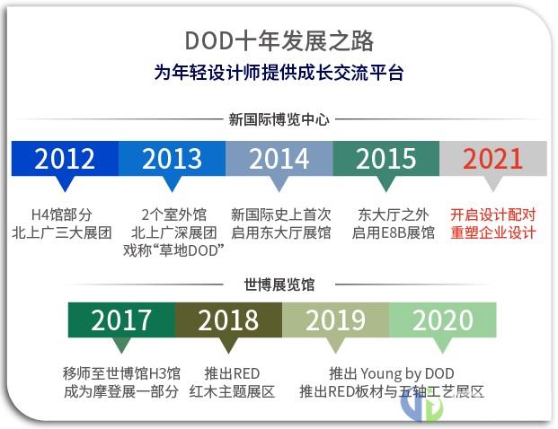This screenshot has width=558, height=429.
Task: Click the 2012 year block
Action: [65, 158]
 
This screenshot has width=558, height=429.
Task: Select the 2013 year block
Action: [173, 158]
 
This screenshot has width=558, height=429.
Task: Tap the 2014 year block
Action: [279, 158]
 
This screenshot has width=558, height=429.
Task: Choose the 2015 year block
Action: [386, 158]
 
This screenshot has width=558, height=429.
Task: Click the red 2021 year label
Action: [493, 159]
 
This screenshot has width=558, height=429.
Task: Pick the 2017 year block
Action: [121, 320]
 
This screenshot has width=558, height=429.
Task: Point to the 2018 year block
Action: [228, 320]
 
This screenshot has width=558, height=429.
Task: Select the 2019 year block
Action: [335, 320]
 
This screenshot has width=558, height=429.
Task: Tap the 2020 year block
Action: [443, 320]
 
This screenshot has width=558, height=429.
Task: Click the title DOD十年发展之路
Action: [279, 41]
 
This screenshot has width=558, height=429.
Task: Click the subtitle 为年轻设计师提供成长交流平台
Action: [279, 73]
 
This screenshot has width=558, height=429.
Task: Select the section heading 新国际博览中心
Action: [279, 119]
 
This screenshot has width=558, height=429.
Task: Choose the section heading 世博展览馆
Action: [279, 285]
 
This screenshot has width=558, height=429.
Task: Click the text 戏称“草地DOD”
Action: [173, 250]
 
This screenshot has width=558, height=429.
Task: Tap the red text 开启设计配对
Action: [493, 214]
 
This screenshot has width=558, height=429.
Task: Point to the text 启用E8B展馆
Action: [394, 232]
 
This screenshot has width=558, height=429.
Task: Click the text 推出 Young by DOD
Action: [392, 374]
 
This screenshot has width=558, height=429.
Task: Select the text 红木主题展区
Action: [232, 392]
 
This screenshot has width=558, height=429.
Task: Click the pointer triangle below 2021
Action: [493, 183]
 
